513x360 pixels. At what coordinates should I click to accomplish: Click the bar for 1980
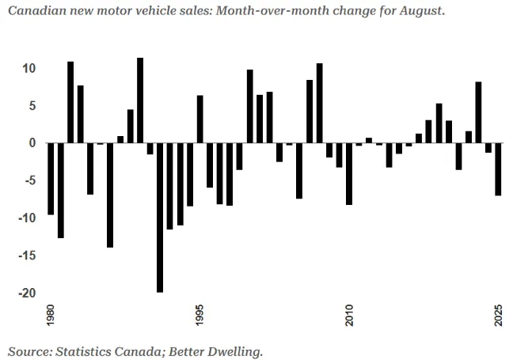[51, 179]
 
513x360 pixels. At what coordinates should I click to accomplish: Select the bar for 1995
[200, 119]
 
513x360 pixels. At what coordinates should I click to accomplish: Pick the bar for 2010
[349, 174]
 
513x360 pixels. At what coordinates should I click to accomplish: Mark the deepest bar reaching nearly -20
[160, 218]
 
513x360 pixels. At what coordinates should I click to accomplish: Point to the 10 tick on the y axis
[28, 68]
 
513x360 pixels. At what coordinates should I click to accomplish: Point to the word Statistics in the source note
[85, 349]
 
